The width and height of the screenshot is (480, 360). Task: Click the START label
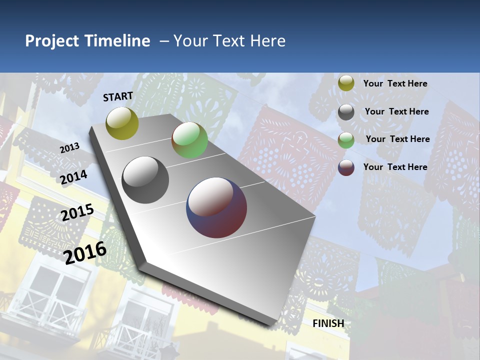click(118, 96)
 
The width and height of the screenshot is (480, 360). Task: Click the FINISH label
click(328, 323)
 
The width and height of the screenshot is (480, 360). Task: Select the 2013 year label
click(69, 148)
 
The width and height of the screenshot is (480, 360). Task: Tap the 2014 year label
click(74, 177)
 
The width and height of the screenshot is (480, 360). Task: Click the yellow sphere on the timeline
click(122, 123)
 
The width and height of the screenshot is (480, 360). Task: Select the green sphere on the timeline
click(189, 140)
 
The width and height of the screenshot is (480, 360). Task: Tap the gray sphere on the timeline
click(145, 180)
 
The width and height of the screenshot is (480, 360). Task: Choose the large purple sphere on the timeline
click(216, 207)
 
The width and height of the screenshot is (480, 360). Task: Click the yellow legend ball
click(346, 83)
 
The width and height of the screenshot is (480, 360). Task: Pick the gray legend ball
click(346, 112)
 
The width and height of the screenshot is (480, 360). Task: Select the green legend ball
click(346, 140)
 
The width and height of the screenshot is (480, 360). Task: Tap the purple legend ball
click(346, 167)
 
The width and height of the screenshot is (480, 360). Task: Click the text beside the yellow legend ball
click(395, 83)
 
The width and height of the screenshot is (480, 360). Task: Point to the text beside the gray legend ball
click(396, 111)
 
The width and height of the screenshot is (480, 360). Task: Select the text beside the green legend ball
click(397, 139)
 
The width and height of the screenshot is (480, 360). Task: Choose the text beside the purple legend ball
click(395, 167)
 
